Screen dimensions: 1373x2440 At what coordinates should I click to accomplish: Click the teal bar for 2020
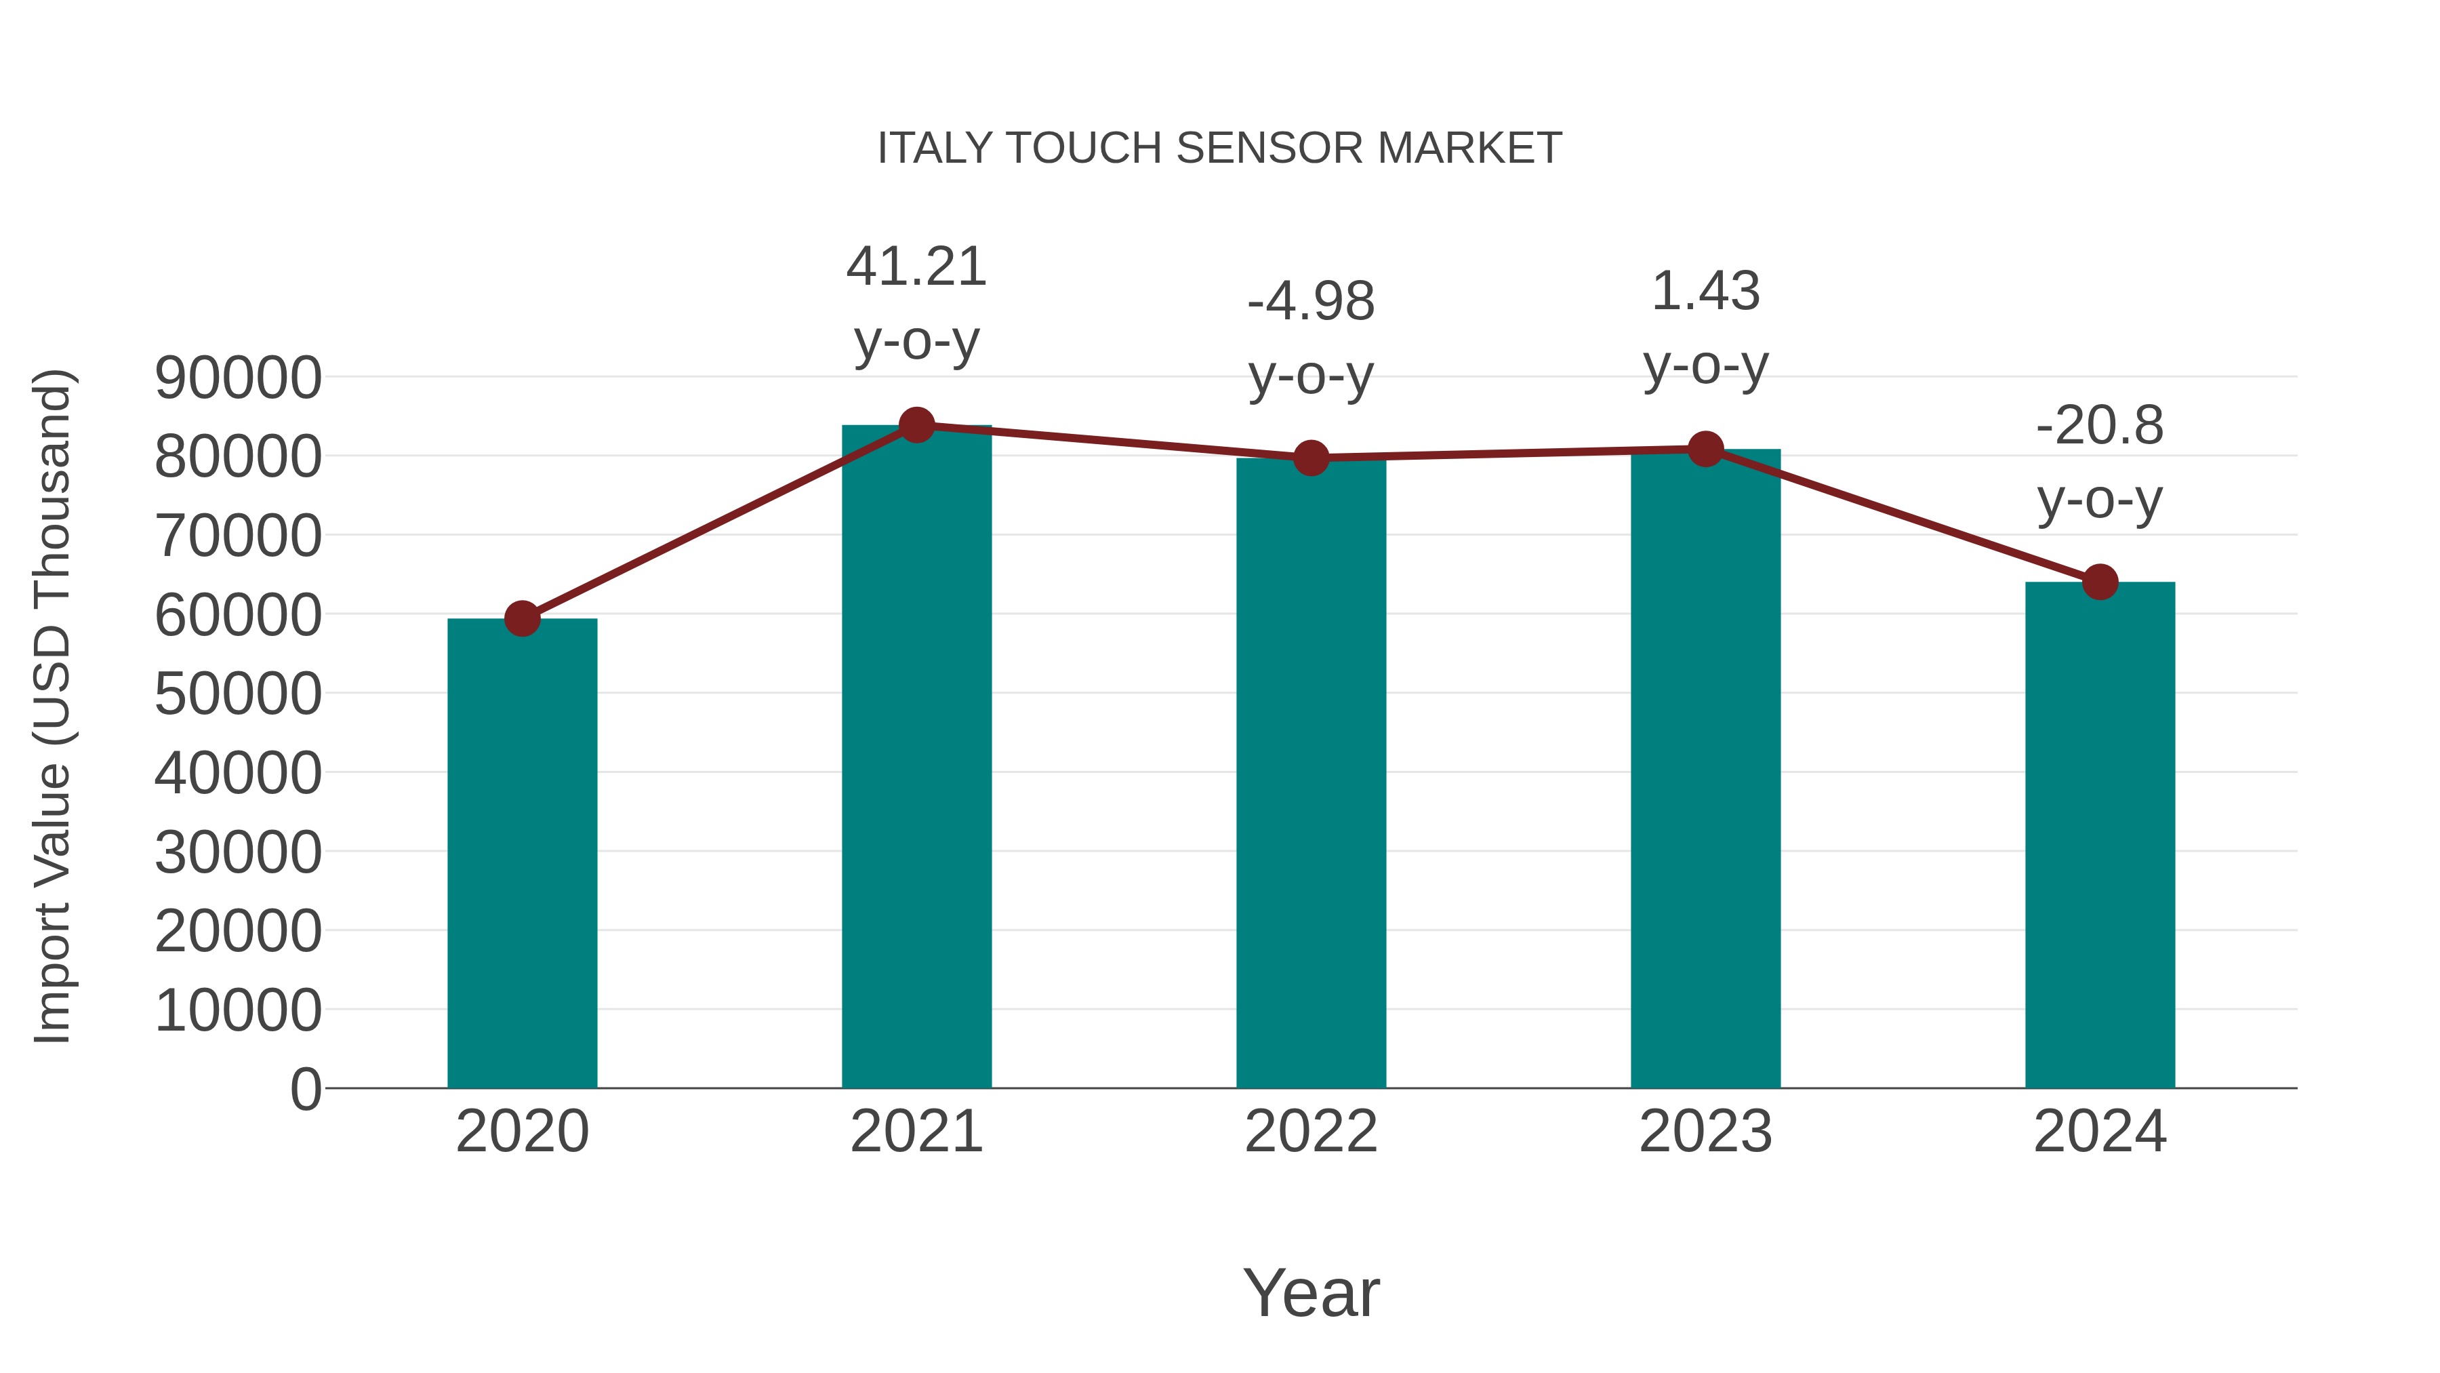point(522,853)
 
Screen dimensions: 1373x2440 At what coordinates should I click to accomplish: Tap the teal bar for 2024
point(2100,834)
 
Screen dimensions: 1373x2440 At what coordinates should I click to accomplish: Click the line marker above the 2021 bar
point(916,425)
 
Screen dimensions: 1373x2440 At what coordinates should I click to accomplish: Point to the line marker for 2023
point(1705,449)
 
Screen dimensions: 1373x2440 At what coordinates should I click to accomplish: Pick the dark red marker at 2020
point(522,619)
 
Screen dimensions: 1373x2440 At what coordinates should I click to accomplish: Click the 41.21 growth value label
point(916,266)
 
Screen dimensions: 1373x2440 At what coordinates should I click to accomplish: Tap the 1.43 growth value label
point(1705,291)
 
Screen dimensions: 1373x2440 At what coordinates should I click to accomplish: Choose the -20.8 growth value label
point(2100,424)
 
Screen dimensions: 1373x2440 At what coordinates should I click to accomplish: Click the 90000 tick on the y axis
point(238,378)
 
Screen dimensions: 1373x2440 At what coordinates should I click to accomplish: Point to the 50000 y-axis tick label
point(238,694)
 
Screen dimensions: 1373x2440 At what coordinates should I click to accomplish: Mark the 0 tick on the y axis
point(306,1089)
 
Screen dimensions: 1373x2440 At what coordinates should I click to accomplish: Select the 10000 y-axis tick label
point(238,1010)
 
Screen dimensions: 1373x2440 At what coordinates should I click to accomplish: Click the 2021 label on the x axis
point(916,1132)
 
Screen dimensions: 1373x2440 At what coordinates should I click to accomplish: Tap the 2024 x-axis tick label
point(2100,1132)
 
